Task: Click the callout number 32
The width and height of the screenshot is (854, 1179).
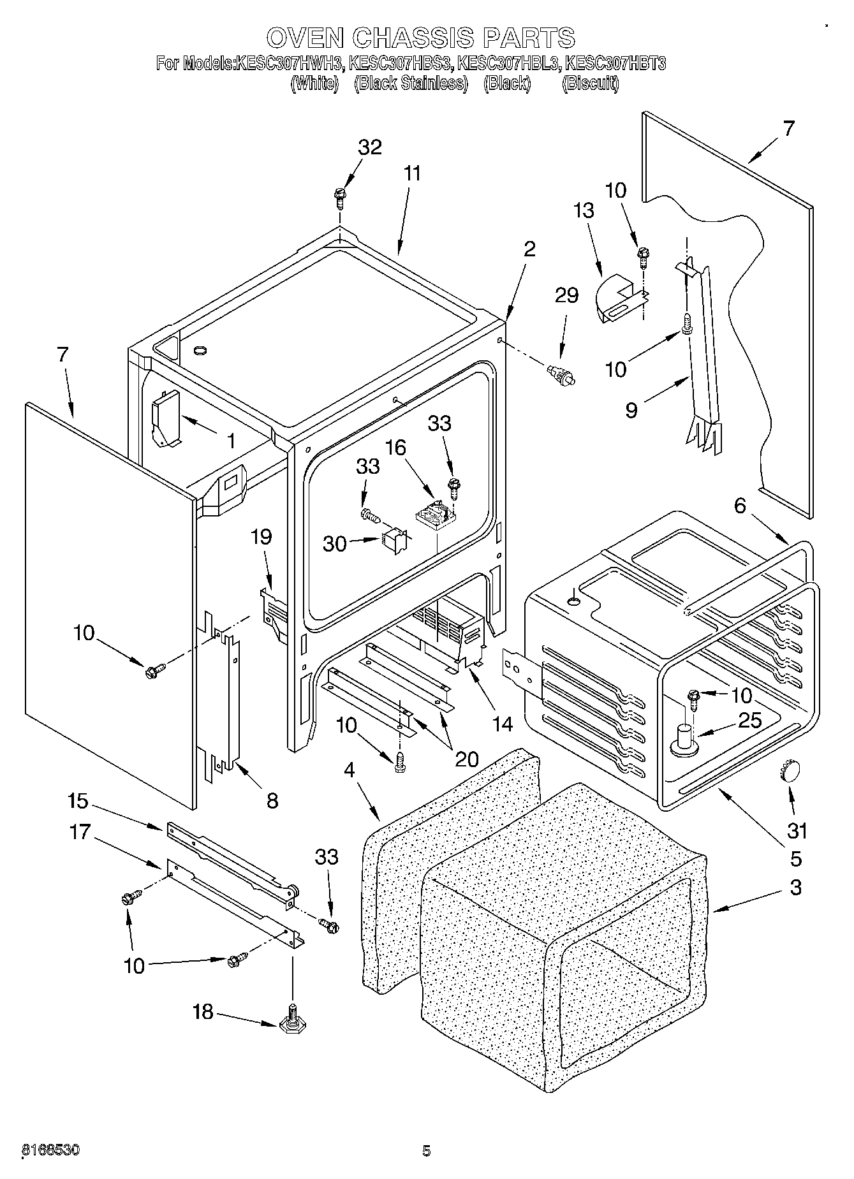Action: (x=369, y=147)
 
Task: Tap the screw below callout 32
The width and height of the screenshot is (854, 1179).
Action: (x=339, y=197)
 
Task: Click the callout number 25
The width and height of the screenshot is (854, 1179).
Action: (x=750, y=721)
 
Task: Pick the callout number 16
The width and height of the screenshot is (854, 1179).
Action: (x=395, y=448)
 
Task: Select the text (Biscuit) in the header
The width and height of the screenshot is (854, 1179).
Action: (x=590, y=84)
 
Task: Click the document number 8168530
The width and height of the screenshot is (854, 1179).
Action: (x=51, y=1151)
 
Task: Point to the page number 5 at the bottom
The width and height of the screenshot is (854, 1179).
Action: (x=426, y=1151)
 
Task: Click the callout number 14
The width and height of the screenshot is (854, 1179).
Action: (x=502, y=724)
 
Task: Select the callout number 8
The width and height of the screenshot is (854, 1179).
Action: (x=272, y=801)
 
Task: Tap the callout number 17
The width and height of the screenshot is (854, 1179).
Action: (x=80, y=832)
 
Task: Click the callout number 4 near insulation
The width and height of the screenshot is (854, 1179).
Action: (x=349, y=770)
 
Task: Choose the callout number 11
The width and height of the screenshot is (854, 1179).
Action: (x=413, y=173)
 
